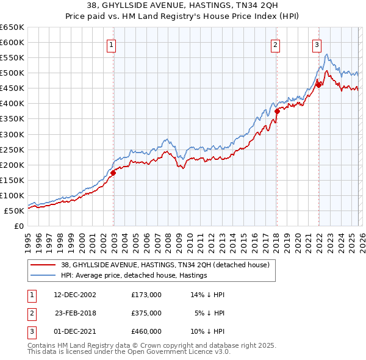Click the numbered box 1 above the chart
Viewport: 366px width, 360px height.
[x=113, y=44]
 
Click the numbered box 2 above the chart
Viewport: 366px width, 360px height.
[x=276, y=44]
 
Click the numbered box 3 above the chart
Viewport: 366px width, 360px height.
[x=317, y=44]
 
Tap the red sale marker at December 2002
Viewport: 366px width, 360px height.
[x=113, y=173]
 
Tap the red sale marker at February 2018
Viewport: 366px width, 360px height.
[x=277, y=111]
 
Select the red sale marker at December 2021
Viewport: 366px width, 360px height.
[x=318, y=85]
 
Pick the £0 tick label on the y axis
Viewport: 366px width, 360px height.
[x=18, y=226]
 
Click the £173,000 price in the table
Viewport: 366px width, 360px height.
[x=146, y=294]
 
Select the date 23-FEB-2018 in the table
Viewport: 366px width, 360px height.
[x=75, y=312]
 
